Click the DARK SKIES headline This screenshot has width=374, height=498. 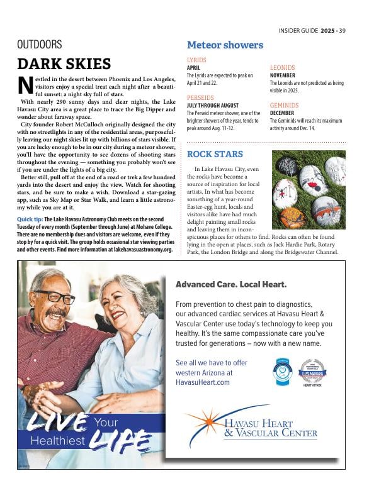(x=64, y=64)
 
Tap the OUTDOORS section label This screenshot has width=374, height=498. (x=40, y=45)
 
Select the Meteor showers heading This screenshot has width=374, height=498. (x=225, y=45)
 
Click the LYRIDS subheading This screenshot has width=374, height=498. (x=196, y=60)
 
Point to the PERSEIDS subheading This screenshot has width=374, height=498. (x=200, y=98)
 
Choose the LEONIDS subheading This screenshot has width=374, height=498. (x=282, y=67)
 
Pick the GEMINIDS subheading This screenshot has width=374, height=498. (x=284, y=105)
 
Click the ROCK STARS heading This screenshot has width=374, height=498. (x=215, y=154)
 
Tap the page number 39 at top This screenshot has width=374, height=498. (x=343, y=30)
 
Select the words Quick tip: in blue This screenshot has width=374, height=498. (x=30, y=219)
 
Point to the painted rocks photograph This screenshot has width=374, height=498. (x=309, y=189)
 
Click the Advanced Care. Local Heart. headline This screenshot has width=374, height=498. (x=231, y=285)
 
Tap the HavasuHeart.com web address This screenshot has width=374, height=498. (x=203, y=382)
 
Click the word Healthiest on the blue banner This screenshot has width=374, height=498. (x=57, y=441)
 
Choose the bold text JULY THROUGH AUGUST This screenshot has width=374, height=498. (x=213, y=106)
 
